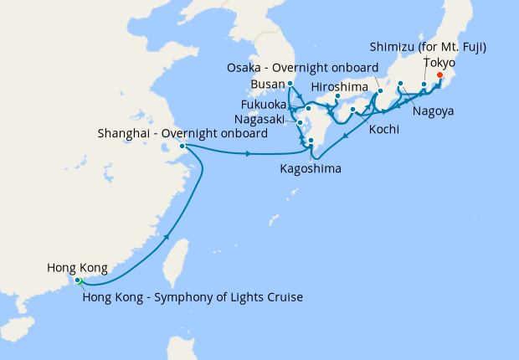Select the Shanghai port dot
point(182,147)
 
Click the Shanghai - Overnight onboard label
point(182,133)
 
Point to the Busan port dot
point(290,84)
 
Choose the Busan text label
point(267,85)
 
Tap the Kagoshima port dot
point(311,141)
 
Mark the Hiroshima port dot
point(337,96)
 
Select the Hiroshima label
point(342,86)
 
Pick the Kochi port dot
point(353,109)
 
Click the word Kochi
point(383,131)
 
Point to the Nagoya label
point(434,111)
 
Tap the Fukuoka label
point(264,105)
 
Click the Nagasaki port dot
point(300,123)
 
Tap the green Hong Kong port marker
point(78,281)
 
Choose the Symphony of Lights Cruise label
point(192,297)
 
